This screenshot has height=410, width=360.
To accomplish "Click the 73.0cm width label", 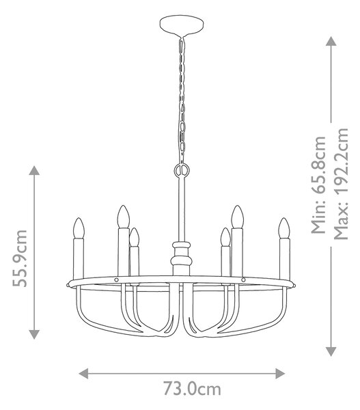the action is pyautogui.click(x=192, y=389).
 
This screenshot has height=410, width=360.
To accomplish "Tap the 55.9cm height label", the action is pyautogui.click(x=20, y=258).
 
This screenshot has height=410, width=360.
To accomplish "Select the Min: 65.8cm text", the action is pyautogui.click(x=319, y=185).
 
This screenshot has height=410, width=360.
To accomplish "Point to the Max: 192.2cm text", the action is pyautogui.click(x=341, y=184).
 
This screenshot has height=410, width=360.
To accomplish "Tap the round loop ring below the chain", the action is pyautogui.click(x=182, y=170).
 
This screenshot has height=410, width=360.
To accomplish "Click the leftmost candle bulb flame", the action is pyautogui.click(x=79, y=228).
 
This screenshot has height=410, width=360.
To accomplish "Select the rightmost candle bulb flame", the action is pyautogui.click(x=284, y=228).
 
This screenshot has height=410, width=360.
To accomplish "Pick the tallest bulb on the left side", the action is pyautogui.click(x=124, y=217).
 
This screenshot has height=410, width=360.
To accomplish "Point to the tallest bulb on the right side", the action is pyautogui.click(x=238, y=217).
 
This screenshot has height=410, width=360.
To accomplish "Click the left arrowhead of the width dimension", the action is pyautogui.click(x=83, y=373).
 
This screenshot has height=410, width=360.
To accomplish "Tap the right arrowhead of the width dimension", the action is pyautogui.click(x=280, y=373).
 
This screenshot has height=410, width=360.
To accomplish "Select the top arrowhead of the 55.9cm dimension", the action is pyautogui.click(x=34, y=170).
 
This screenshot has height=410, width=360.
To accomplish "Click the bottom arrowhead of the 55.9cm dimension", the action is pyautogui.click(x=34, y=334).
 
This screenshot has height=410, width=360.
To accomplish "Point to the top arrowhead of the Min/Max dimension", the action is pyautogui.click(x=331, y=41).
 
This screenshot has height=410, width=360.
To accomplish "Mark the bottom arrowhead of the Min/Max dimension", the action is pyautogui.click(x=331, y=351).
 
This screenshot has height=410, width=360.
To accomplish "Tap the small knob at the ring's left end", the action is pyautogui.click(x=68, y=284).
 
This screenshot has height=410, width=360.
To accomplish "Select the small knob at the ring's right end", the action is pyautogui.click(x=294, y=284).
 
